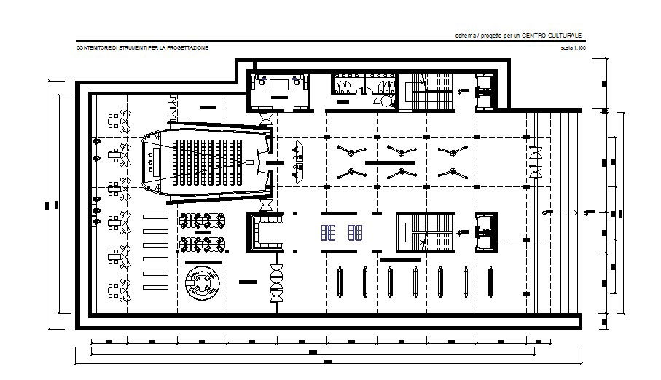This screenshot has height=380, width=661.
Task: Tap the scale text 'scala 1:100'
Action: click(x=573, y=47)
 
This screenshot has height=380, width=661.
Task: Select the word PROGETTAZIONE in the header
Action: click(x=185, y=47)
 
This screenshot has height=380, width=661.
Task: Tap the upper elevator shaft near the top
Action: click(x=485, y=90)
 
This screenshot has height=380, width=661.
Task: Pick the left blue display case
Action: click(x=329, y=232)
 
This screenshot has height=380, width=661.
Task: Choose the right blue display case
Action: click(x=356, y=232)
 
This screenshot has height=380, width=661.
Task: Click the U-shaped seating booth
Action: click(x=265, y=232)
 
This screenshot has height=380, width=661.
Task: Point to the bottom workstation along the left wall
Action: click(x=118, y=291)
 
